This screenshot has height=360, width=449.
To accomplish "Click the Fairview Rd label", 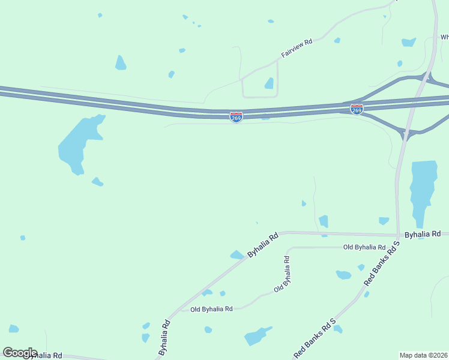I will (297, 50).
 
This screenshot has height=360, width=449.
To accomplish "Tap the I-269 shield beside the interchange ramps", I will (357, 109).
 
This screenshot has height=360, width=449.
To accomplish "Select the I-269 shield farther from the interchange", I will (237, 117).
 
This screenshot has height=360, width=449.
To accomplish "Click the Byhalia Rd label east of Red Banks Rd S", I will (423, 233).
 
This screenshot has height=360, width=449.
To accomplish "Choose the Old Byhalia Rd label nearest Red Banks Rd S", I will (364, 247).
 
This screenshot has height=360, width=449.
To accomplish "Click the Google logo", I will (20, 353).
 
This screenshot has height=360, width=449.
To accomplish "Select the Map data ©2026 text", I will (423, 355).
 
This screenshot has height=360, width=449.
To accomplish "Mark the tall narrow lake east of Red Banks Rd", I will (423, 189).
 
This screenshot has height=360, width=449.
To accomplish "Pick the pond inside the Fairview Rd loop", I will (270, 83).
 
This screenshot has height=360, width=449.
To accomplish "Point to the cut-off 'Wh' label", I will (444, 36).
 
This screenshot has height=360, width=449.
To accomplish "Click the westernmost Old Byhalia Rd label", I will (211, 309).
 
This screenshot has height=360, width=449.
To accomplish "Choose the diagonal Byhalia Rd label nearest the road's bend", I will (264, 246).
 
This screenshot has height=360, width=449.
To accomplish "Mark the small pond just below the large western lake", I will (97, 181).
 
